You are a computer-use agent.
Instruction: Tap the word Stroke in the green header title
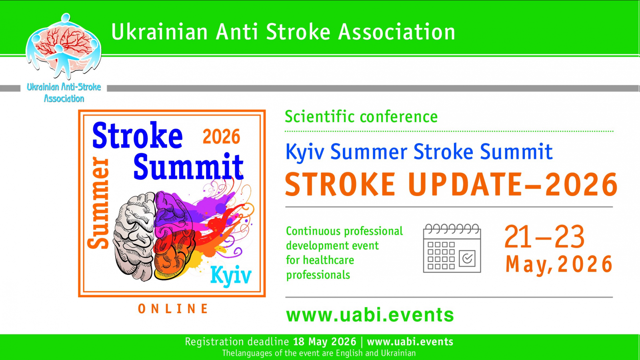pos(298,32)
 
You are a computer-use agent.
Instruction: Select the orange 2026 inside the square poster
pos(222,136)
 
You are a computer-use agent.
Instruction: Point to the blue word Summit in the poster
pos(188,166)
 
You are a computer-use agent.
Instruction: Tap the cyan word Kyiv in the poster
pos(231,275)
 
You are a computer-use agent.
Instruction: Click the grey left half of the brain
pos(134,236)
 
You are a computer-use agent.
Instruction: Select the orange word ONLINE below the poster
pos(173,309)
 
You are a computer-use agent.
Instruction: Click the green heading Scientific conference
pos(361,117)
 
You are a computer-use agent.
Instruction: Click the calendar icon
pos(452,248)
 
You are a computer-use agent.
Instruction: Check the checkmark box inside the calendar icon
pos(467,258)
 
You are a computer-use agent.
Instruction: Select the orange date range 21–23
pos(544,236)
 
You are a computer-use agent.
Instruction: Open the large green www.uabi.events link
pos(370,315)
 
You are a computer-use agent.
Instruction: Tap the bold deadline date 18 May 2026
pos(325,342)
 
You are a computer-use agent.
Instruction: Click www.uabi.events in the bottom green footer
pos(410,342)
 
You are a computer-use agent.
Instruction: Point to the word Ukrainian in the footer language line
pos(398,353)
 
